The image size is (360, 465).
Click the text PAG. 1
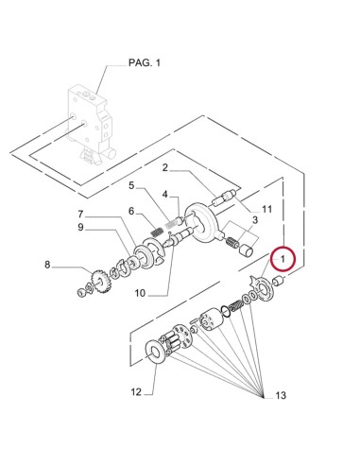pos(146,62)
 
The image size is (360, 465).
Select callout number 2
pos(164,168)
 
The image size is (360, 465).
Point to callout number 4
pos(132,185)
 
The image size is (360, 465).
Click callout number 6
pos(81,215)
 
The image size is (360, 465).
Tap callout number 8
pos(81,228)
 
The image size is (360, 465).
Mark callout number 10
pos(267,208)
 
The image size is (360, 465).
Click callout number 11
pos(136,391)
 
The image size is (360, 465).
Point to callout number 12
pos(279,395)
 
